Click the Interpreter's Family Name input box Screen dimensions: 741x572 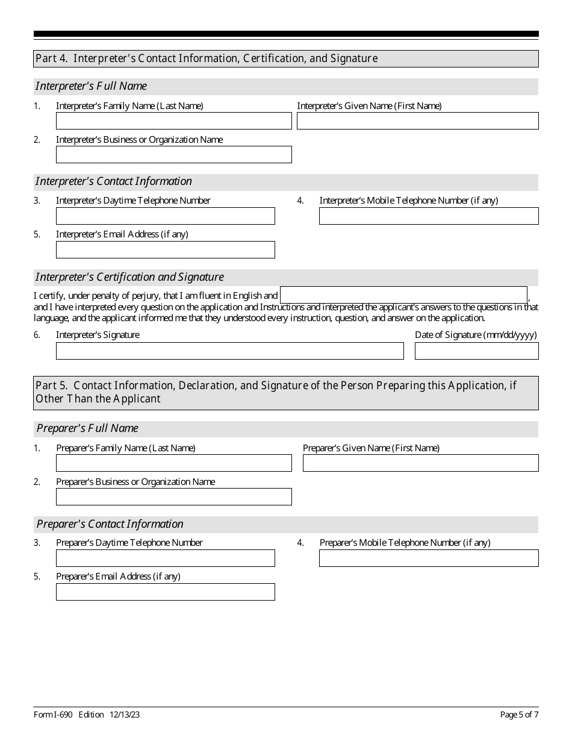point(173,121)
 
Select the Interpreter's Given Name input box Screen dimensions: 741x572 point(417,121)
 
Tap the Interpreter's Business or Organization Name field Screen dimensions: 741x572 point(173,155)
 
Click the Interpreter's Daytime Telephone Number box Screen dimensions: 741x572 point(165,216)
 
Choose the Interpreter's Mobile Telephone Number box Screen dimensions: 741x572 point(428,216)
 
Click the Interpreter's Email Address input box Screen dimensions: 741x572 point(165,250)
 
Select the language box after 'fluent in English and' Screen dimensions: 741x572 point(403,295)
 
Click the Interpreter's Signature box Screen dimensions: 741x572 point(229,351)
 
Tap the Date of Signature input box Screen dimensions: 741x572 point(476,351)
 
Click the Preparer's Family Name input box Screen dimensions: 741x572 point(173,463)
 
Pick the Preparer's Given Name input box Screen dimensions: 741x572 point(420,463)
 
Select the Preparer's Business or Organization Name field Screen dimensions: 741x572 point(173,497)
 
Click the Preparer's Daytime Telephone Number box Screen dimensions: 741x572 point(165,558)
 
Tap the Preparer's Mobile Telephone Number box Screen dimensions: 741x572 point(428,558)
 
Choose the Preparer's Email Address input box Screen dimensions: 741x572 point(165,592)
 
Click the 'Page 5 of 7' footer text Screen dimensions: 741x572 point(519,715)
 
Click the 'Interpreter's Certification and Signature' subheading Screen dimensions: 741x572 point(129,277)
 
